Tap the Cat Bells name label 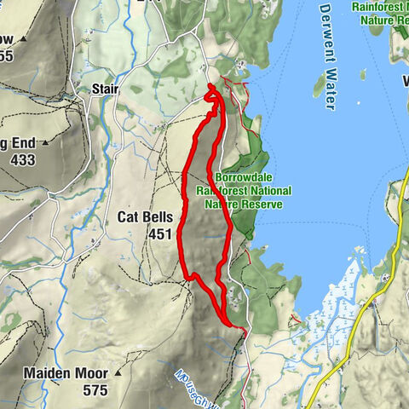(x=146, y=218)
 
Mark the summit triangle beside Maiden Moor (x=119, y=373)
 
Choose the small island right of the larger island (x=361, y=75)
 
